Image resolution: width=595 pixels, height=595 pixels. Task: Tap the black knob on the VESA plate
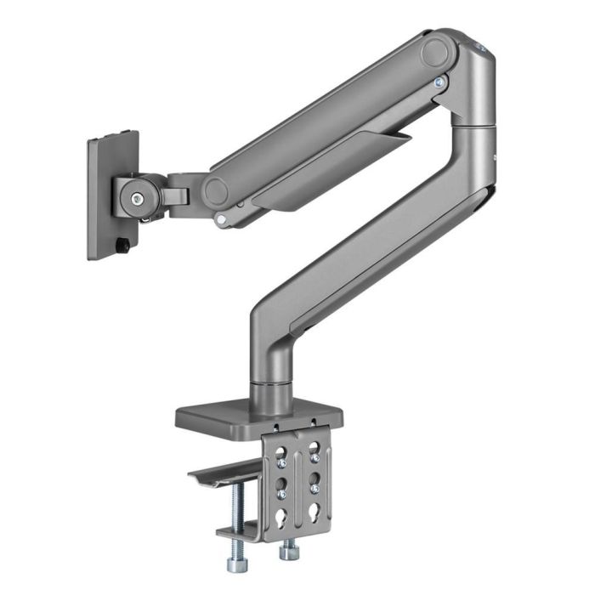[124, 246]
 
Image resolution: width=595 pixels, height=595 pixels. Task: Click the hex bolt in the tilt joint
[137, 198]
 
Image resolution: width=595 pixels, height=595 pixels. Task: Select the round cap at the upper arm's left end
[216, 190]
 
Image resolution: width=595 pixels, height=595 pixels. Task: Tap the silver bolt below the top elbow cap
[439, 82]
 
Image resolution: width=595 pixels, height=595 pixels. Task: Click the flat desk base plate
[259, 416]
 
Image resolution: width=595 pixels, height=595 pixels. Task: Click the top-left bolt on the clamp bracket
[281, 463]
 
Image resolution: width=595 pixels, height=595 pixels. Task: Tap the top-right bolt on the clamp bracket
[315, 463]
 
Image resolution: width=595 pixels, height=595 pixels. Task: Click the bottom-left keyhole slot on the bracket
[281, 515]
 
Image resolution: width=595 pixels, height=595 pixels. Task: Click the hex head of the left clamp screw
[236, 563]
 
